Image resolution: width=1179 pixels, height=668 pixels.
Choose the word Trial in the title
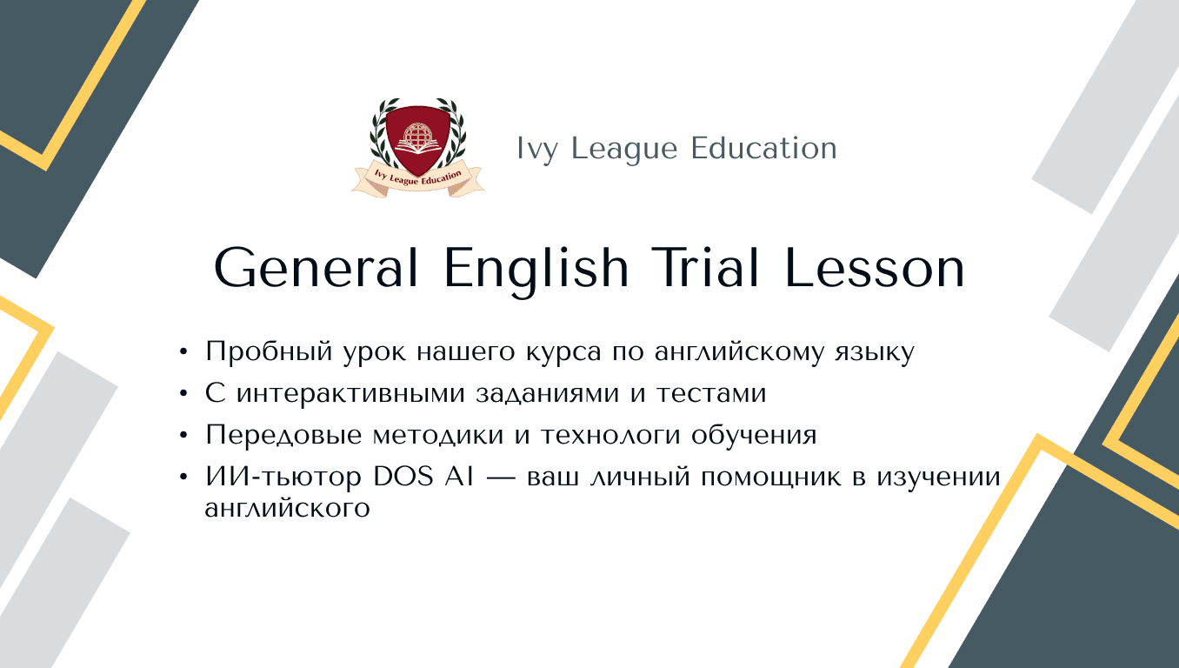(x=708, y=269)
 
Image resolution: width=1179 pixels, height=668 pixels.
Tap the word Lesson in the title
(x=876, y=269)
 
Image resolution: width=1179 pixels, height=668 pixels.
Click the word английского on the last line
(x=287, y=508)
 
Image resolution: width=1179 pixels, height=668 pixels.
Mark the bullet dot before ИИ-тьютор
(x=183, y=477)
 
